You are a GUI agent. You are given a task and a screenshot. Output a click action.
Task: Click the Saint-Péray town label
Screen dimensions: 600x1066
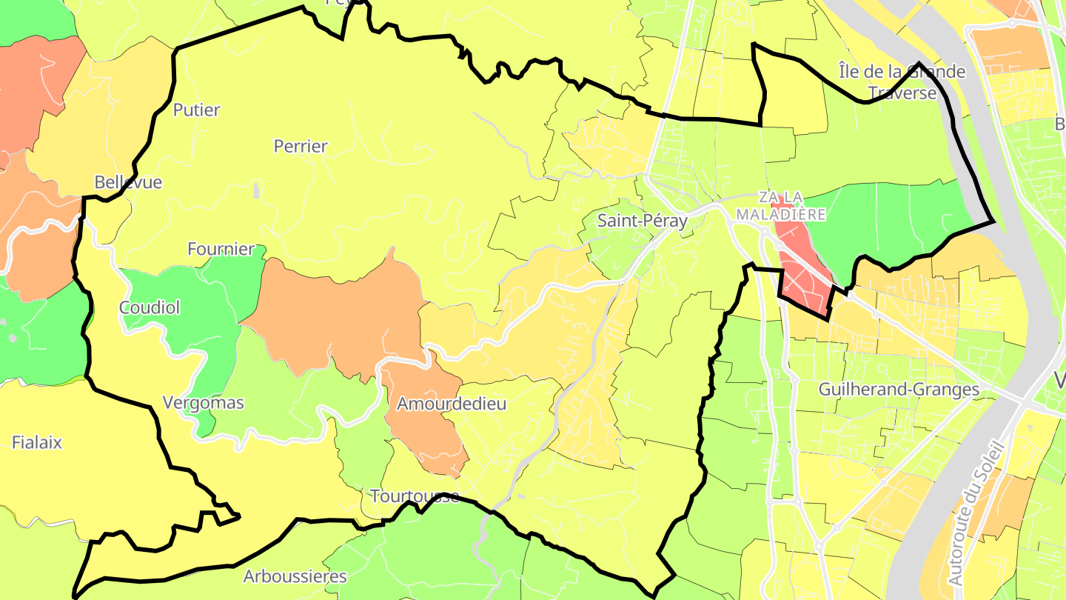pyautogui.click(x=643, y=221)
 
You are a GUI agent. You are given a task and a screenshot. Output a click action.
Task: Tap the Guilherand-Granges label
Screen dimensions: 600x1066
pyautogui.click(x=899, y=390)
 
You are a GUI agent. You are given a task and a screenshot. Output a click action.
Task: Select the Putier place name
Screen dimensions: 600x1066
pyautogui.click(x=196, y=110)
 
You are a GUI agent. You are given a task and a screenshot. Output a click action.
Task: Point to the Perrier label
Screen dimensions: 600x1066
pyautogui.click(x=301, y=147)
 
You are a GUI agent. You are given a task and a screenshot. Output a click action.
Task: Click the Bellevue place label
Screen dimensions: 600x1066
pyautogui.click(x=128, y=182)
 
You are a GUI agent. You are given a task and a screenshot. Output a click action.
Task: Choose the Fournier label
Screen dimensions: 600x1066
pyautogui.click(x=221, y=250)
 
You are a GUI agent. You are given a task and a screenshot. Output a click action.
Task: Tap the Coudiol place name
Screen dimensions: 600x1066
pyautogui.click(x=150, y=307)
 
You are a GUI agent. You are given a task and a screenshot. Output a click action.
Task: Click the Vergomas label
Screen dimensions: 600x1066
pyautogui.click(x=203, y=404)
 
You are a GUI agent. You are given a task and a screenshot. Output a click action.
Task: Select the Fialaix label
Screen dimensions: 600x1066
pyautogui.click(x=37, y=443)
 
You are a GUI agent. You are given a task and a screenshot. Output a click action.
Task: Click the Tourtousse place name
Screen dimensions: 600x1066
pyautogui.click(x=415, y=496)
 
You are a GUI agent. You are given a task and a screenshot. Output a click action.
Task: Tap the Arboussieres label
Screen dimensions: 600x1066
pyautogui.click(x=295, y=576)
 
